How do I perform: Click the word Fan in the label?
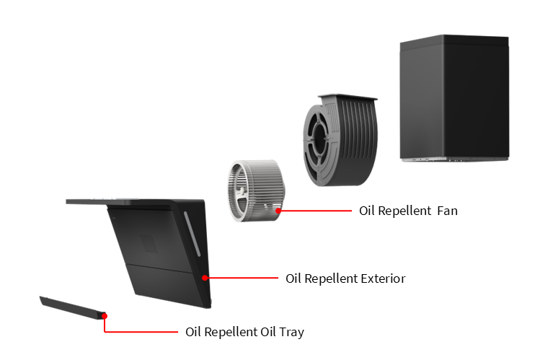448,211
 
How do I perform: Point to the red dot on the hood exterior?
205,278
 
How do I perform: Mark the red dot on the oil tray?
105,315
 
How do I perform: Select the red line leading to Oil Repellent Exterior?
242,278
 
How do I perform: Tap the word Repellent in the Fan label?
404,211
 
